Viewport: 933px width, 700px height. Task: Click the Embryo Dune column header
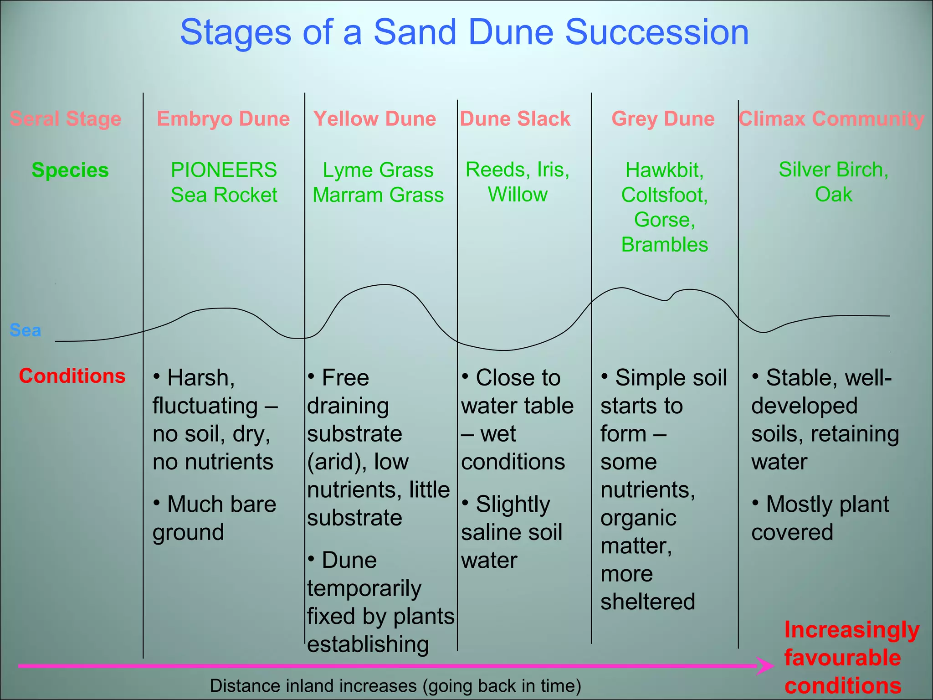223,119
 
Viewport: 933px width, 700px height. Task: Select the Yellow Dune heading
374,119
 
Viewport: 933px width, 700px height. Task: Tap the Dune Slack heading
515,119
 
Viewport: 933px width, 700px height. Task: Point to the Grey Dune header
663,119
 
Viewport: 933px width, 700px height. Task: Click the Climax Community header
831,119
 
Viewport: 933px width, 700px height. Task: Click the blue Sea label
26,330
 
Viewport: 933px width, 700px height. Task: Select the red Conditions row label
72,376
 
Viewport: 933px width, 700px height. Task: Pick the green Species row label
70,170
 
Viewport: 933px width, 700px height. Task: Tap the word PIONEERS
224,170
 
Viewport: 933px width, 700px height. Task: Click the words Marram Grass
378,195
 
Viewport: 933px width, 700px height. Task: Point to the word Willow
518,195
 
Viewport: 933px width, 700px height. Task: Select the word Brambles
664,245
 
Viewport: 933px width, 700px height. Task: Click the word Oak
833,195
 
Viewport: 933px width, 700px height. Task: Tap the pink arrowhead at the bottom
765,666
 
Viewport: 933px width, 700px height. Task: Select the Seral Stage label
66,119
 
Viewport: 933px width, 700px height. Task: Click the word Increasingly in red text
851,630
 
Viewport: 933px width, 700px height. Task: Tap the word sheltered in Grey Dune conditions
647,602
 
